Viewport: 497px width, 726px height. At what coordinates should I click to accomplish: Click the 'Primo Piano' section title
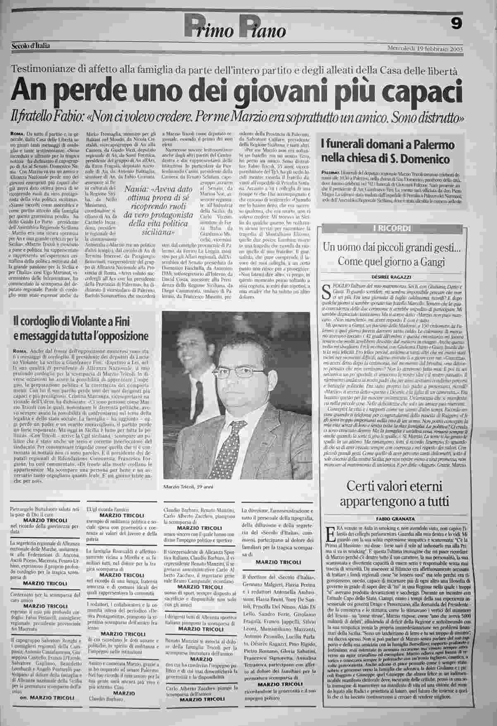point(235,28)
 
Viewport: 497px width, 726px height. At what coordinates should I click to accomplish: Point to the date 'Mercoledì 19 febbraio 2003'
point(425,48)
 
